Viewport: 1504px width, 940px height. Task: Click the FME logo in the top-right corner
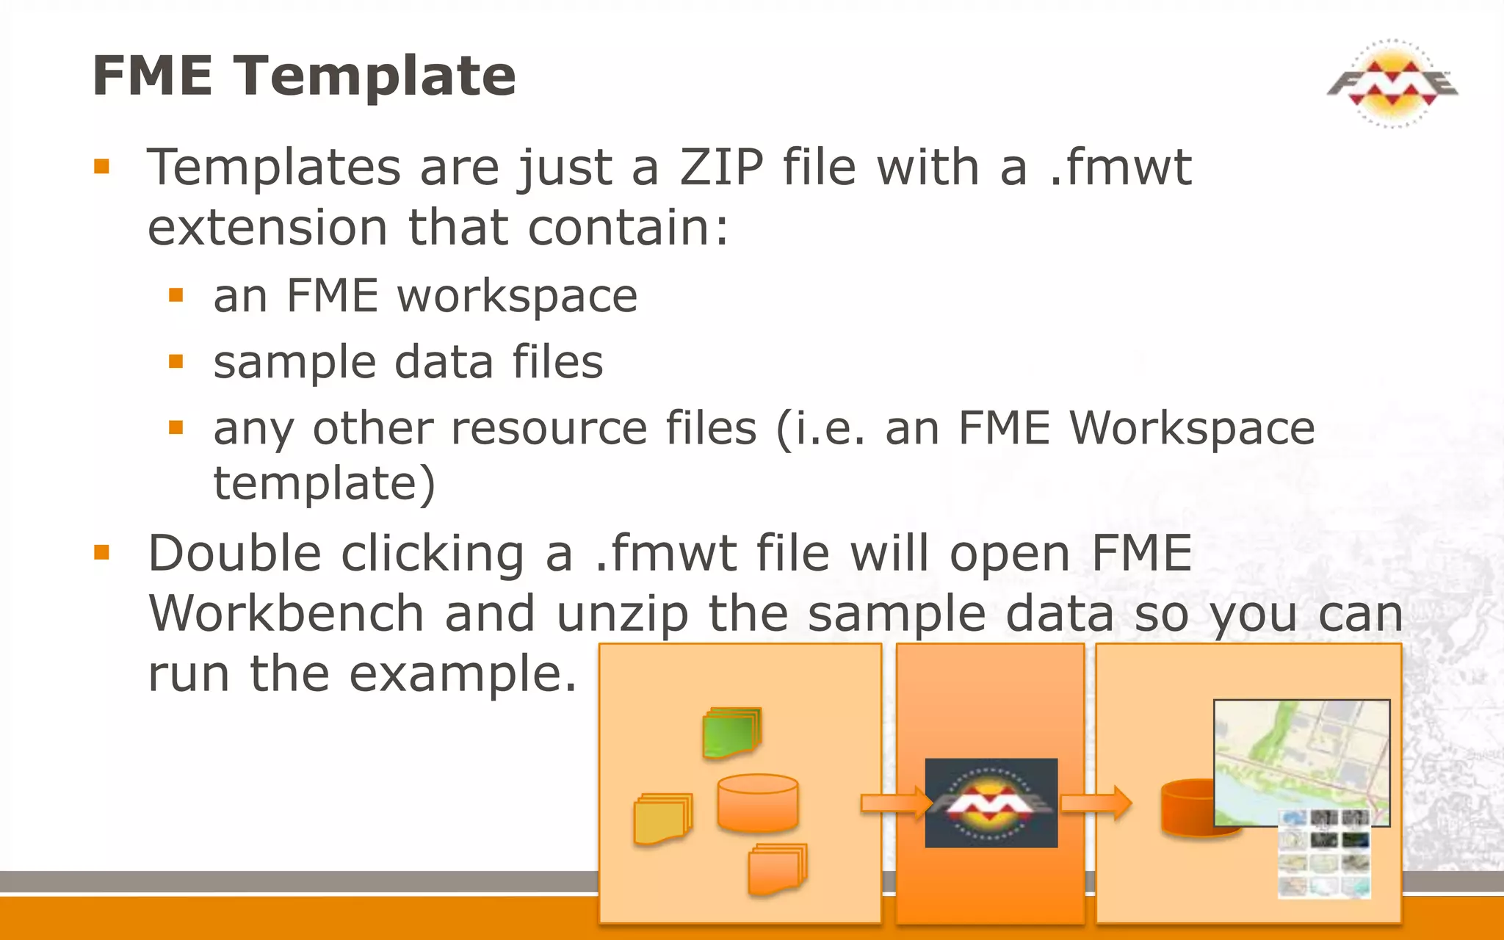tap(1392, 83)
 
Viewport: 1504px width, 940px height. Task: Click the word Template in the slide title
tap(375, 76)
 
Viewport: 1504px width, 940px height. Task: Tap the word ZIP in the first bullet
tap(721, 167)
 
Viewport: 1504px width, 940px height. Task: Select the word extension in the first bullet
tap(267, 228)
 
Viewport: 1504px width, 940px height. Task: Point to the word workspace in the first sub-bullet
tap(517, 297)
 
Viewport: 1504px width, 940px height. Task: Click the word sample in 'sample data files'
tap(294, 364)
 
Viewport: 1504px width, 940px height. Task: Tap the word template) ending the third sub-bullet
tap(324, 483)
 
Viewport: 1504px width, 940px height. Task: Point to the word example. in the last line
tap(463, 673)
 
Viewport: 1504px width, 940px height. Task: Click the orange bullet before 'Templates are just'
tap(101, 167)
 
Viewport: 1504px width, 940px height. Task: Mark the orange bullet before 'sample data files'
tap(176, 361)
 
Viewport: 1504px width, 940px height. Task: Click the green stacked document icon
tap(731, 732)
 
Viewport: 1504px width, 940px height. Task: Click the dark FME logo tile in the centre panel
tap(991, 803)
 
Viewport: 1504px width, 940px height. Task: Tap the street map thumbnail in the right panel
tap(1301, 762)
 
